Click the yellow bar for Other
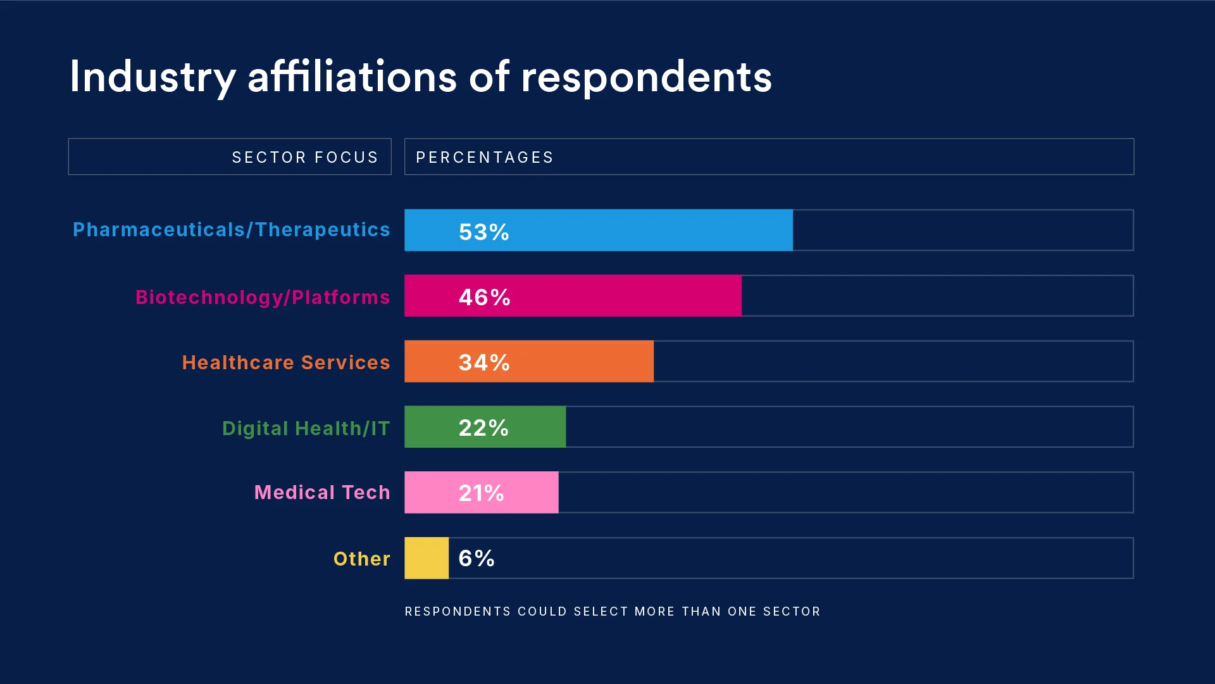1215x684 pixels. pos(427,558)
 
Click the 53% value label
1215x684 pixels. pos(484,232)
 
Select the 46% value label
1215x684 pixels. pos(484,297)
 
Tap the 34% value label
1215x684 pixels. pos(484,362)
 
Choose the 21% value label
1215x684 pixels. pos(482,493)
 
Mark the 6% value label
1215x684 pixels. pos(477,559)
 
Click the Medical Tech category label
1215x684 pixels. pos(322,493)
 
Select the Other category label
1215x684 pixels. pos(362,559)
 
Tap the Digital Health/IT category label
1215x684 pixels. pos(306,428)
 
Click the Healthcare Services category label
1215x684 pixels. pos(286,362)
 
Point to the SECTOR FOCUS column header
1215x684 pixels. pos(305,157)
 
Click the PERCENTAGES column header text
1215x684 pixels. pos(485,157)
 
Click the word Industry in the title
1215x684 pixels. pos(153,77)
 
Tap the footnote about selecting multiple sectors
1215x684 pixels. pos(613,611)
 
